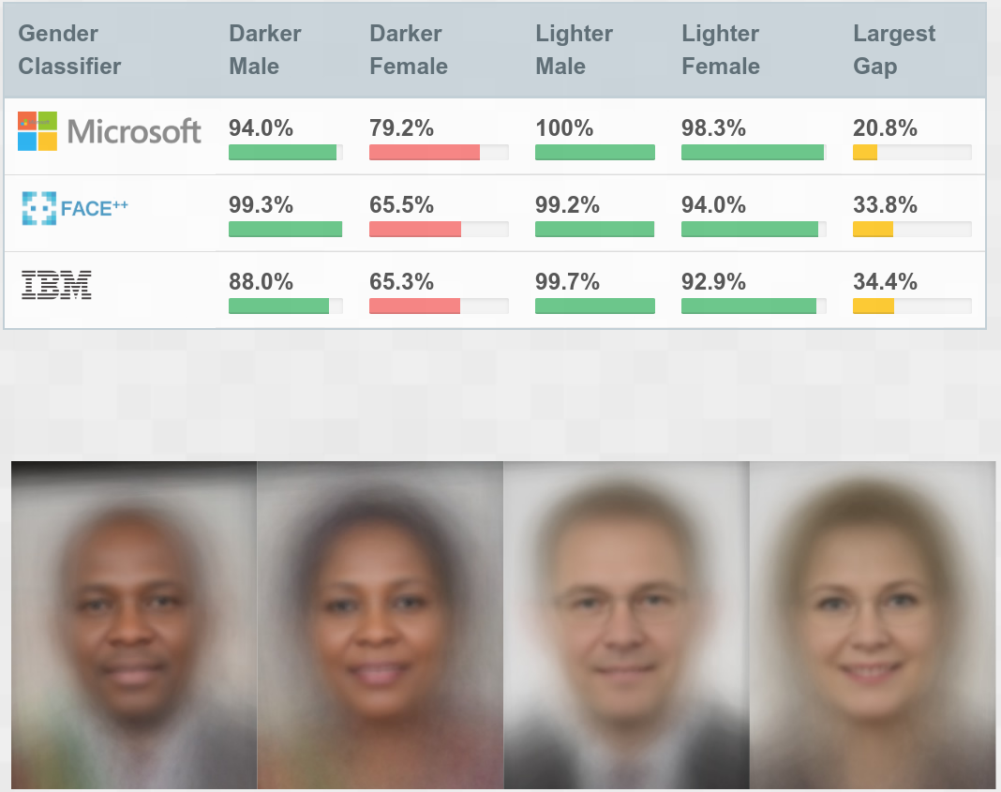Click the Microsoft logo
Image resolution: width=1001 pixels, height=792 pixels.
(109, 131)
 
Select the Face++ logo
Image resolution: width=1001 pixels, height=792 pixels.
(74, 208)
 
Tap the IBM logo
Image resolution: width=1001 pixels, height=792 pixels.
(56, 284)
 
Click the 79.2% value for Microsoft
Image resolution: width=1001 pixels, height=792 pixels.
(401, 128)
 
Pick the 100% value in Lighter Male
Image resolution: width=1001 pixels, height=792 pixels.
(564, 128)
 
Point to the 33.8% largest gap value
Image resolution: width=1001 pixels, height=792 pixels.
(885, 205)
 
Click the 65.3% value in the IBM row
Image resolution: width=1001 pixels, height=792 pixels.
(401, 282)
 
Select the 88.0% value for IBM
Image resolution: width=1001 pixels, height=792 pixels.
(261, 282)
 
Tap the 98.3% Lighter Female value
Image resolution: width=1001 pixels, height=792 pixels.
(713, 128)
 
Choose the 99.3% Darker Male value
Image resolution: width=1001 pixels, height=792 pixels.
(261, 205)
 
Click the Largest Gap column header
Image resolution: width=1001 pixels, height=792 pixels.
(893, 50)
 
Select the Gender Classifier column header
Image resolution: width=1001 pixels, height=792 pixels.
(69, 50)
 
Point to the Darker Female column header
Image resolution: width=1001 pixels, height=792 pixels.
(409, 50)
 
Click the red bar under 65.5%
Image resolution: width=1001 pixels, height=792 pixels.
(415, 230)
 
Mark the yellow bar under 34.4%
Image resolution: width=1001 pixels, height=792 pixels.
(873, 306)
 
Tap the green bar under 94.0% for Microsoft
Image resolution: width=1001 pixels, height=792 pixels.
(282, 153)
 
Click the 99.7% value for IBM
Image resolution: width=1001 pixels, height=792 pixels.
(567, 282)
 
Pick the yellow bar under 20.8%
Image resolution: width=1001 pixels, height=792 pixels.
(864, 153)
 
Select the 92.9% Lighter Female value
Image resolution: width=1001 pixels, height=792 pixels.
(713, 282)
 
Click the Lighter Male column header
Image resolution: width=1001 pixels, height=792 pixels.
(574, 50)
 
